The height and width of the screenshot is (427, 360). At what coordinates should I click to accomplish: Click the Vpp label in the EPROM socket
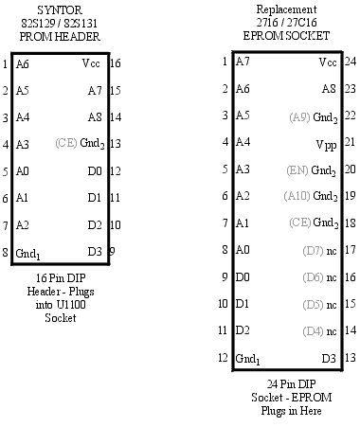(x=324, y=143)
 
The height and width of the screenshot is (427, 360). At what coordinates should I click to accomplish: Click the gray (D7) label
(x=313, y=251)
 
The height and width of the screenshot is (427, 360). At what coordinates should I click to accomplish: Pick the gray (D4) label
(x=313, y=331)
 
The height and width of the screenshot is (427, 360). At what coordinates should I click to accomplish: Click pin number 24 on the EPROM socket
(x=350, y=62)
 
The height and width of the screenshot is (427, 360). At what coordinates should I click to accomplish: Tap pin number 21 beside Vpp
(x=350, y=143)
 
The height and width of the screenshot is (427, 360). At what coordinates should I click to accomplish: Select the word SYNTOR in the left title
(x=59, y=9)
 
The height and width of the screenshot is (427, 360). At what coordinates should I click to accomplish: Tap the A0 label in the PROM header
(x=24, y=171)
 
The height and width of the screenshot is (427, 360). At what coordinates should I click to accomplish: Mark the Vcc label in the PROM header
(x=92, y=63)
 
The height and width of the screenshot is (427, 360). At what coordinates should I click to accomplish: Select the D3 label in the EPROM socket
(x=329, y=358)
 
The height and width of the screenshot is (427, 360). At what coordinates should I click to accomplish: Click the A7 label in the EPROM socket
(x=243, y=62)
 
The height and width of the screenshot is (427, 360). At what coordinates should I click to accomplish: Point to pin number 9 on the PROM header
(x=113, y=251)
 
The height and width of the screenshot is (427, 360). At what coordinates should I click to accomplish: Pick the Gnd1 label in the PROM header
(x=28, y=253)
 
